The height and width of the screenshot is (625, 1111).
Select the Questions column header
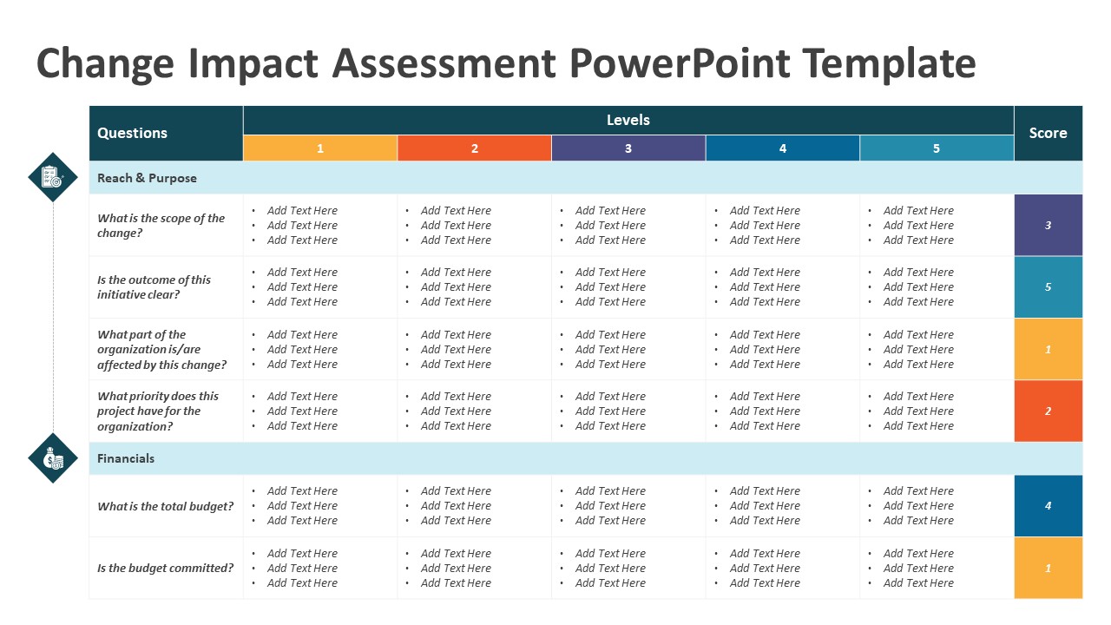click(133, 133)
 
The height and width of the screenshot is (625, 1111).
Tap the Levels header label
click(628, 120)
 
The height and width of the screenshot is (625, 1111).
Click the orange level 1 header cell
click(319, 148)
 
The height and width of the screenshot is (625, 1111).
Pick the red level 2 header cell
click(474, 148)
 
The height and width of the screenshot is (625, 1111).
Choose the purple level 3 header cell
click(628, 148)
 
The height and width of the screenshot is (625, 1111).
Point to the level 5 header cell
click(937, 148)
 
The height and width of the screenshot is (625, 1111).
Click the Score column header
click(1048, 133)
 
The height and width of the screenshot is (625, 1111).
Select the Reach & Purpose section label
click(148, 178)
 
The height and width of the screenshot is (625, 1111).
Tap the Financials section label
click(126, 458)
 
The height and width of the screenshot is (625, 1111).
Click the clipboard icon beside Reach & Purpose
click(53, 177)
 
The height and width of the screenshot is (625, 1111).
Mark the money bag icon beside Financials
click(53, 457)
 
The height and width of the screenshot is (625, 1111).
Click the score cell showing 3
click(1048, 225)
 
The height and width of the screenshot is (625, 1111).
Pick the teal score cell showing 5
click(1048, 286)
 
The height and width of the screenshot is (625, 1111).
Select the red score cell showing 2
click(1048, 411)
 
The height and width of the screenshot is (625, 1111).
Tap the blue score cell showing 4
click(1048, 505)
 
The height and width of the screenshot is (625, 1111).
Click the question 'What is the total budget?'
click(165, 506)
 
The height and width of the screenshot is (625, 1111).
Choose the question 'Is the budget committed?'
click(165, 568)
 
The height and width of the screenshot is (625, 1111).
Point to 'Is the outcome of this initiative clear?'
click(154, 287)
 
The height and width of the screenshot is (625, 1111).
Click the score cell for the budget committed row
click(1048, 568)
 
